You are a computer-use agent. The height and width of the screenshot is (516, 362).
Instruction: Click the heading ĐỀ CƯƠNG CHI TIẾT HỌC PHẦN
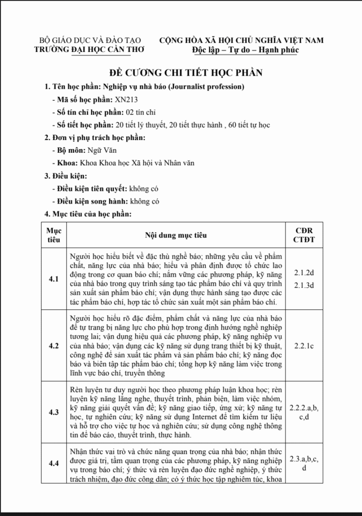point(186,73)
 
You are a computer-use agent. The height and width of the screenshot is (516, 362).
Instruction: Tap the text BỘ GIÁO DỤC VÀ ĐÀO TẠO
point(90,40)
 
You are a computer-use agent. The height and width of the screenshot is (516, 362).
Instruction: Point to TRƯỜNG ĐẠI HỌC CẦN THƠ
point(90,49)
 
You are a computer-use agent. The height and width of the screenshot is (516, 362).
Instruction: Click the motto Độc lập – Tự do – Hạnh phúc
point(245,50)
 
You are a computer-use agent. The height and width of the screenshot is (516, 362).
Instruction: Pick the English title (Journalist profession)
point(206,86)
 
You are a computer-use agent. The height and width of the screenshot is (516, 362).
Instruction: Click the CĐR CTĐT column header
point(304,235)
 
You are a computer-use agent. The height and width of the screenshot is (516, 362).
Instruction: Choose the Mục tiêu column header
point(54,235)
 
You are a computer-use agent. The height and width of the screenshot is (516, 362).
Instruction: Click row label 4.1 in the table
point(54,279)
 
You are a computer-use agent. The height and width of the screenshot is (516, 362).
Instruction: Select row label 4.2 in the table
point(54,346)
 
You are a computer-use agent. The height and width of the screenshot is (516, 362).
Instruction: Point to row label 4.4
point(54,463)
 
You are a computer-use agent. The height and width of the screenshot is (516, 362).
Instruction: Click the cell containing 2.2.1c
point(304,346)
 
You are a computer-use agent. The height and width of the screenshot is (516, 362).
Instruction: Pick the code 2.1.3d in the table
point(304,286)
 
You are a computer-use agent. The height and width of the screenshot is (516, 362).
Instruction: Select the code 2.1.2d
point(304,273)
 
